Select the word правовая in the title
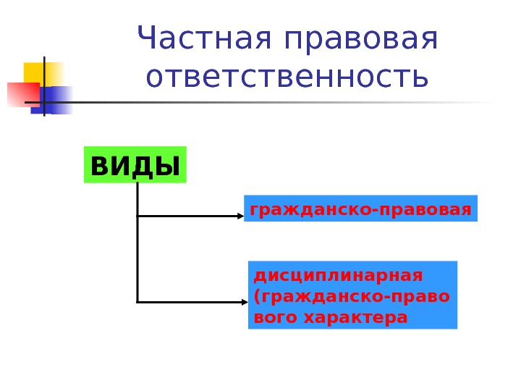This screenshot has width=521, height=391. click(361, 41)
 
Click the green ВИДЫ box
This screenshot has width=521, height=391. click(135, 166)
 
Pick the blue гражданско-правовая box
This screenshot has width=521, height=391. click(361, 209)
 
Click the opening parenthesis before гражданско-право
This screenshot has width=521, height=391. click(255, 297)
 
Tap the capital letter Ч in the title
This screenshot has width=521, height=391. click(147, 41)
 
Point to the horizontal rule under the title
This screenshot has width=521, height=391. click(275, 103)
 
